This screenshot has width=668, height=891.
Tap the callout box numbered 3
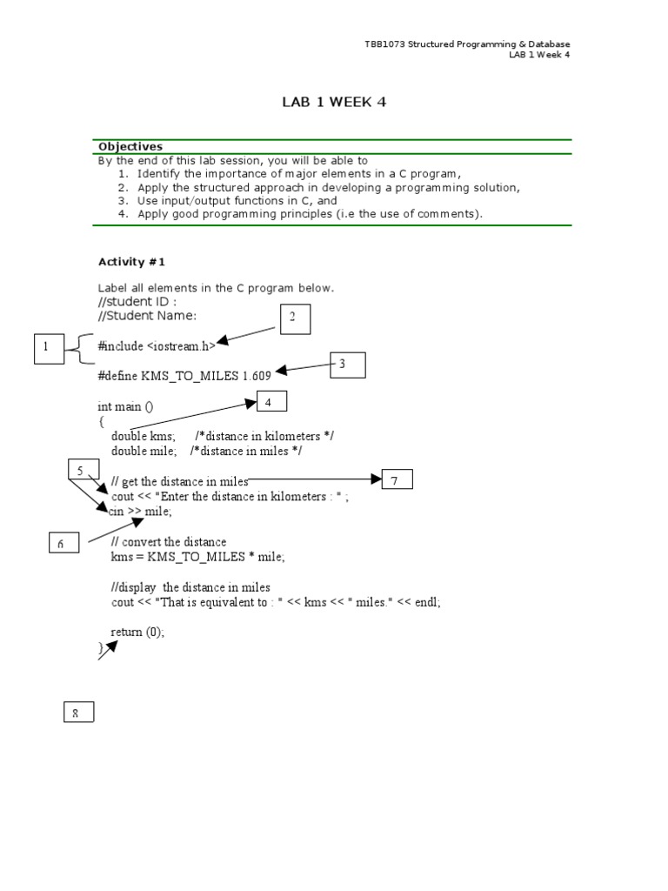pyautogui.click(x=347, y=365)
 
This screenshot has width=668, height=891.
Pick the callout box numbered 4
pyautogui.click(x=271, y=402)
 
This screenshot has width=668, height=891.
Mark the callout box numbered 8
pyautogui.click(x=78, y=713)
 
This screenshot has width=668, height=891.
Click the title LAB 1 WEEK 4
pyautogui.click(x=333, y=103)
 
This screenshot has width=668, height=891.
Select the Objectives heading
pyautogui.click(x=130, y=147)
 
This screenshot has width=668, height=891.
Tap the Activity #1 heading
pyautogui.click(x=132, y=261)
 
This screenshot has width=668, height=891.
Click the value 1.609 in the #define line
pyautogui.click(x=257, y=375)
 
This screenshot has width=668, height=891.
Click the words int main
pyautogui.click(x=117, y=406)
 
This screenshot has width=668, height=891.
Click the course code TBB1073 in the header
pyautogui.click(x=386, y=44)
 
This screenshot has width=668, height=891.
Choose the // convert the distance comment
pyautogui.click(x=169, y=542)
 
